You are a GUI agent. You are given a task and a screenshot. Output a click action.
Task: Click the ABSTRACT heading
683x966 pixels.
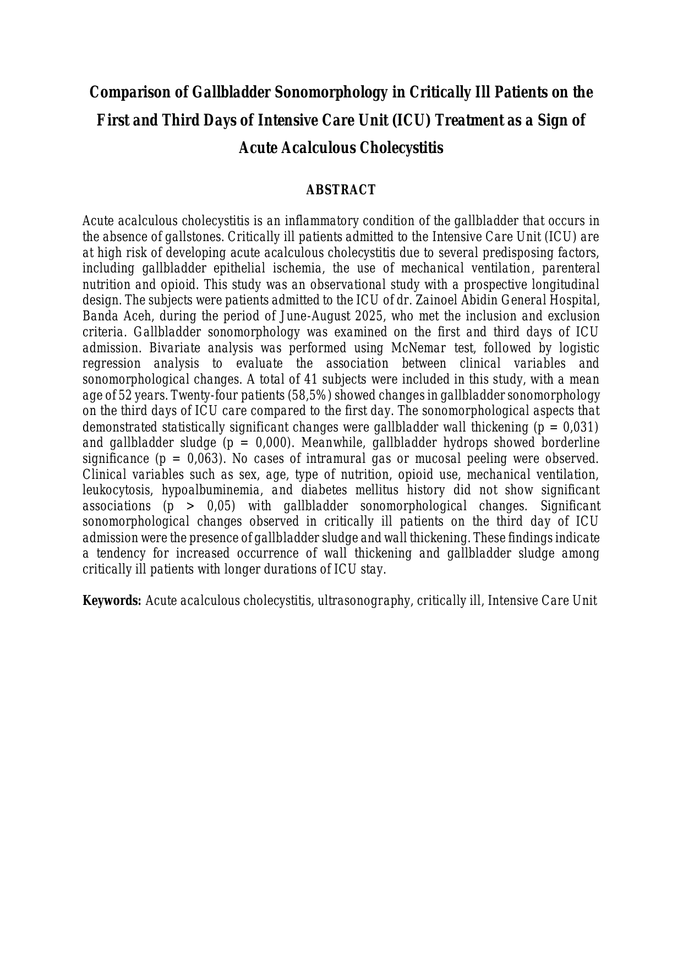[341, 190]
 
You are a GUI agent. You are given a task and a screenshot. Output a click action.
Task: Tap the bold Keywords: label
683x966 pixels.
[112, 601]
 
